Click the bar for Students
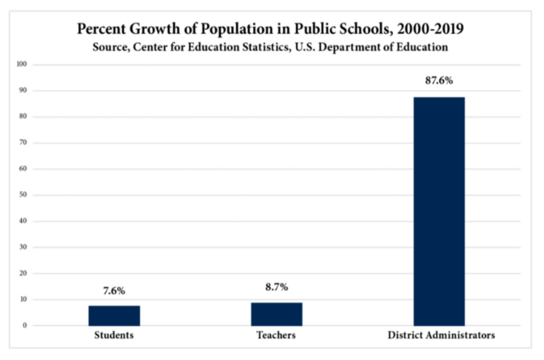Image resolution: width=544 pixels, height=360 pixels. [x=114, y=315]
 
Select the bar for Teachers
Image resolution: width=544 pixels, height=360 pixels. [x=276, y=314]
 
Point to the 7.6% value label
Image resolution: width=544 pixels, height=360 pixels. [x=114, y=291]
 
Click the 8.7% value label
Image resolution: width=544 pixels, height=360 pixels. [x=276, y=288]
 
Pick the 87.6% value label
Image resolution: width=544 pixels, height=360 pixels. [x=439, y=81]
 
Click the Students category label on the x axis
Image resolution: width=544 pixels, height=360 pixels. [x=114, y=335]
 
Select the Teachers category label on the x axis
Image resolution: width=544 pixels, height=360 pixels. [x=276, y=335]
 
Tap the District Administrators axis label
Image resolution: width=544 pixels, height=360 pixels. [x=439, y=335]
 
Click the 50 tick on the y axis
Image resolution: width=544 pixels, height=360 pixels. [x=23, y=195]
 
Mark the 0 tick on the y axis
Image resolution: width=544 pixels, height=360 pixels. [x=25, y=325]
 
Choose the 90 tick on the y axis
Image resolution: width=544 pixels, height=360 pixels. [x=23, y=91]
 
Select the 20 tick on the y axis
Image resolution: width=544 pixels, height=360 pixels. [x=23, y=274]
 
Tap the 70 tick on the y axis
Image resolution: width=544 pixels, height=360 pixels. [x=23, y=142]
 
